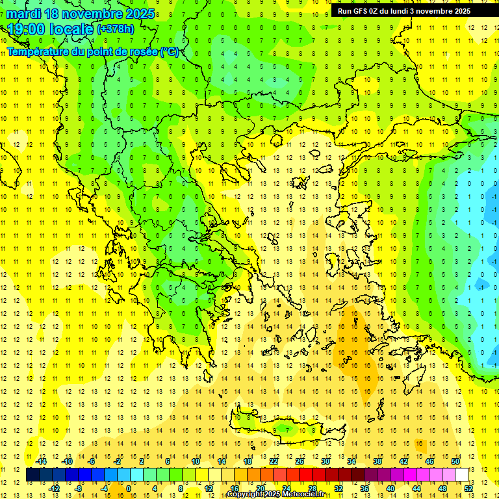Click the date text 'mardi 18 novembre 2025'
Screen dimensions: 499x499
pos(81,14)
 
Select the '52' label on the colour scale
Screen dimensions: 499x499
pos(468,488)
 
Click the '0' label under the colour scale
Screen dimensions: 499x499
pos(128,488)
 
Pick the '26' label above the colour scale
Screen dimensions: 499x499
pos(300,461)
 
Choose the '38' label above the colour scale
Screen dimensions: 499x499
pos(377,461)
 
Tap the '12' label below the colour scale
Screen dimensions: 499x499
pos(208,488)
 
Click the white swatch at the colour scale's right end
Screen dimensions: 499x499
pos(461,474)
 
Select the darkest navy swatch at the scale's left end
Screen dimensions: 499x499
pos(32,474)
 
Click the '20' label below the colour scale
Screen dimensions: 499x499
pos(260,488)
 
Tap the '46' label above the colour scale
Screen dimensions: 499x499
pos(429,461)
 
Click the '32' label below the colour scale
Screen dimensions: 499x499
pos(338,488)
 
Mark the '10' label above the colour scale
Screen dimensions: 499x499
pos(196,461)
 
